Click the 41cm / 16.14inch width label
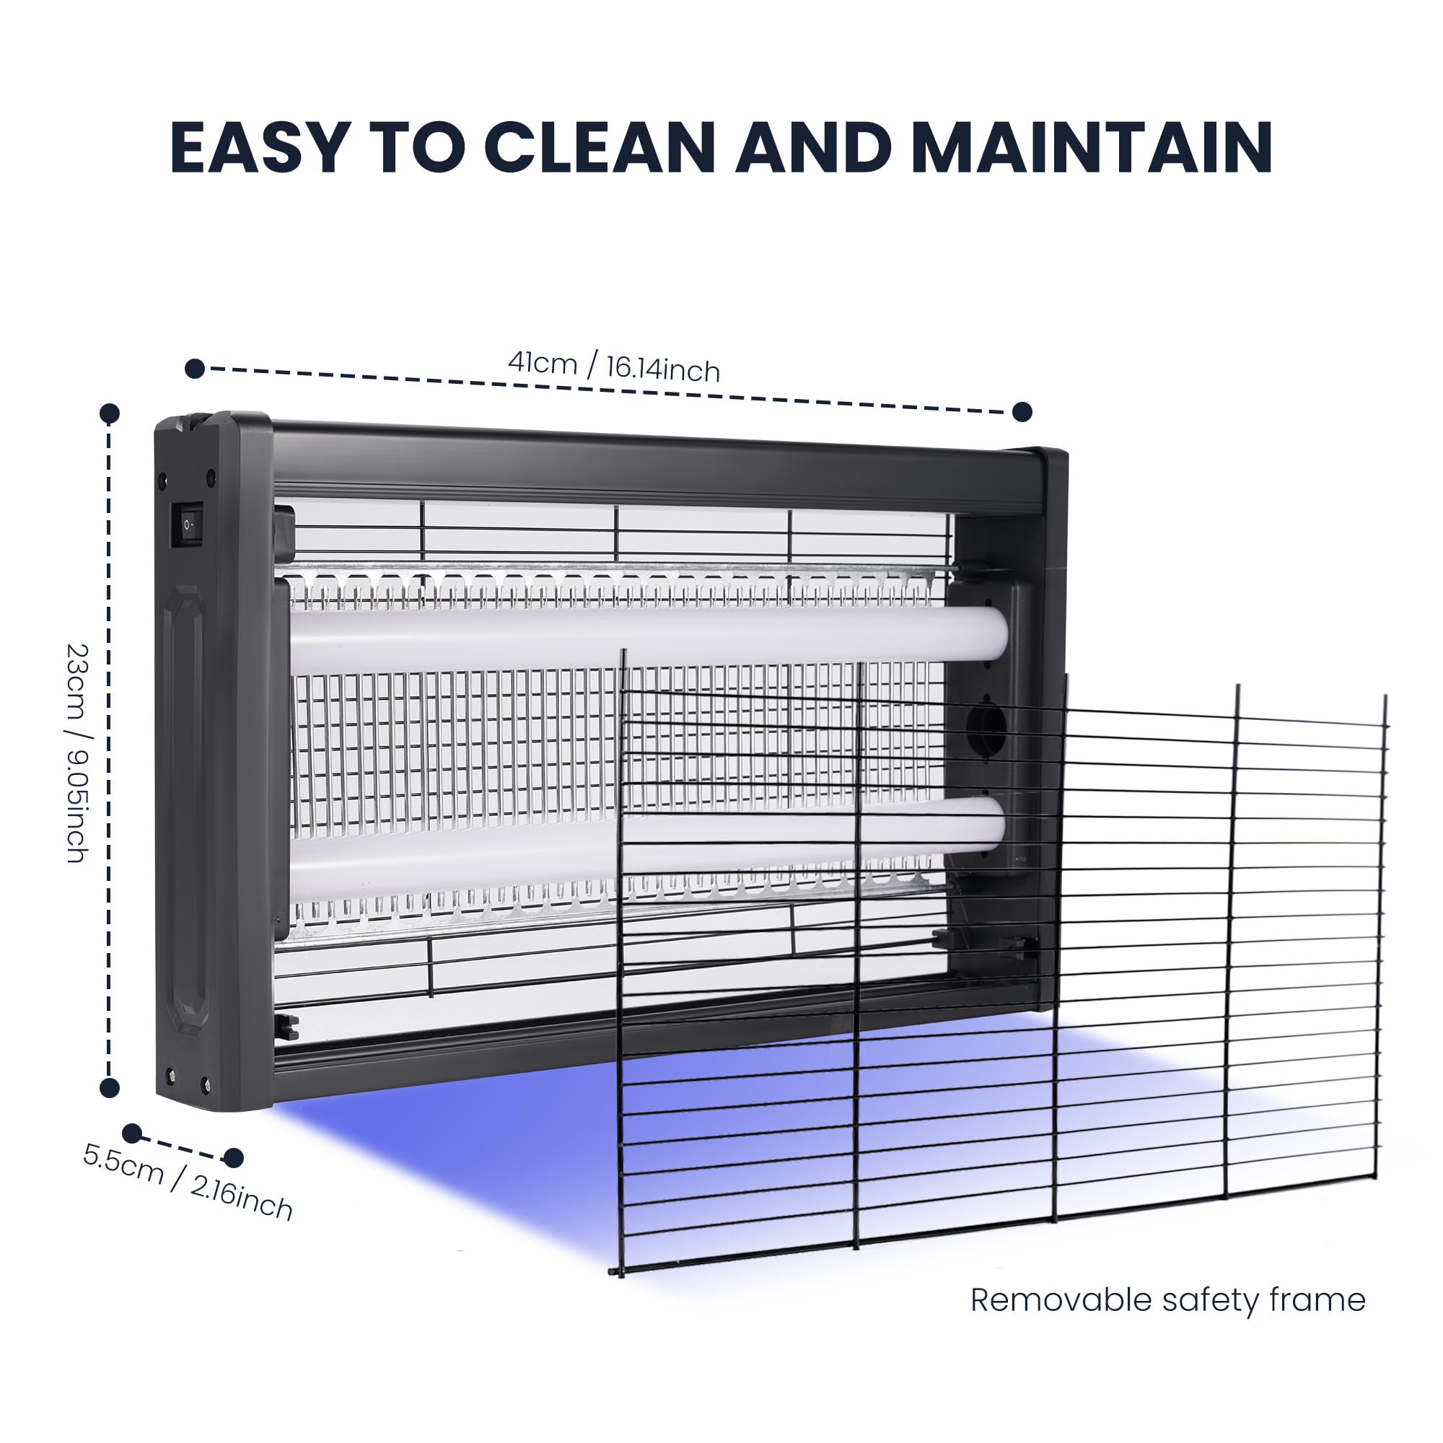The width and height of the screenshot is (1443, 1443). (x=614, y=366)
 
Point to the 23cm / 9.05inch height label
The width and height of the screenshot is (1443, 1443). (x=77, y=754)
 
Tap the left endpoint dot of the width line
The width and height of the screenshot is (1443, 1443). (x=195, y=368)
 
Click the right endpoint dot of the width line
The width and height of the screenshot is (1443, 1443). (x=1022, y=411)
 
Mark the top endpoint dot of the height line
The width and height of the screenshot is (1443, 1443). (x=110, y=413)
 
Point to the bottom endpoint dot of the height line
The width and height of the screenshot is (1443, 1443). (x=110, y=1087)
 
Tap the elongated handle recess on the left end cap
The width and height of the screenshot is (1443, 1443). (x=185, y=810)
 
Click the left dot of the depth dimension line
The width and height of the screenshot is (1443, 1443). (x=132, y=1133)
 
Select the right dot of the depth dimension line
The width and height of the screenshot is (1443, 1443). (x=234, y=1158)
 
